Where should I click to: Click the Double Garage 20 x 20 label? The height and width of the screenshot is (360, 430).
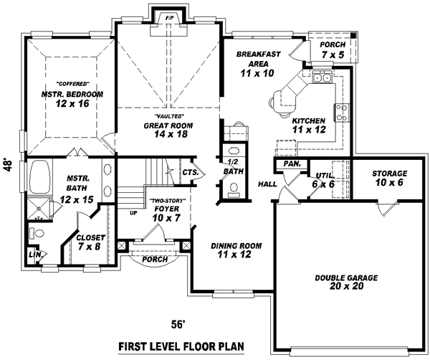[346, 282]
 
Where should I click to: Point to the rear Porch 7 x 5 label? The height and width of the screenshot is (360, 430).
[332, 50]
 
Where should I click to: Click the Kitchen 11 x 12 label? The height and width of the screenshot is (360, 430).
[309, 125]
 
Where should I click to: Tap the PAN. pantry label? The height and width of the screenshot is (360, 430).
[291, 164]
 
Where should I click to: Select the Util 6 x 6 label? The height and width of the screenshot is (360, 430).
[324, 179]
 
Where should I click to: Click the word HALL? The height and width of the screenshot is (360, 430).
[267, 184]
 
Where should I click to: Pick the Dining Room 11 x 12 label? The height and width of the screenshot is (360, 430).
[236, 250]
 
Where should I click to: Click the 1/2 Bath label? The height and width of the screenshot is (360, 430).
[232, 166]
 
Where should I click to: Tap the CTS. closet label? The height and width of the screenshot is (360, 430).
[190, 172]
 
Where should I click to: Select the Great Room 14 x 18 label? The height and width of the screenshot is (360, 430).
[169, 128]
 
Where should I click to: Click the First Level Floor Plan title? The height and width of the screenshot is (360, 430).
[181, 347]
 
